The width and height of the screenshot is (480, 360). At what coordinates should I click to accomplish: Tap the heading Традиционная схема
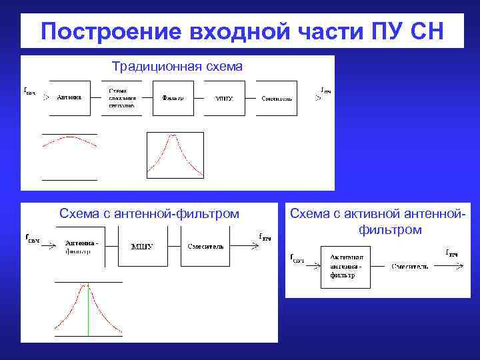(177, 67)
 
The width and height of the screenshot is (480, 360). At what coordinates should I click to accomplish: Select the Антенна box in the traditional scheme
(69, 97)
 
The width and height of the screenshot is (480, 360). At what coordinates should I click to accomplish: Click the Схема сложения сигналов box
(121, 97)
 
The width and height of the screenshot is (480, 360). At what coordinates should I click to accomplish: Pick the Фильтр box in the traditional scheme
(173, 97)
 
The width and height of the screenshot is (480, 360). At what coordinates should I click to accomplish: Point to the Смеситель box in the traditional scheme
(276, 97)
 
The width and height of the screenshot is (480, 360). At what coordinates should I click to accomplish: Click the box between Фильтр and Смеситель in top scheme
(225, 97)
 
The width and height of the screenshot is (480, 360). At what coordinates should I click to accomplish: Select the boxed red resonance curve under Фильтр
(175, 155)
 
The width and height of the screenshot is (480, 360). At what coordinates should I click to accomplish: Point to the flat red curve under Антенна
(69, 141)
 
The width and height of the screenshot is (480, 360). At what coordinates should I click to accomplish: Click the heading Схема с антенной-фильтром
(149, 213)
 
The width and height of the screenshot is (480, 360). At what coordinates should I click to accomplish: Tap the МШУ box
(142, 246)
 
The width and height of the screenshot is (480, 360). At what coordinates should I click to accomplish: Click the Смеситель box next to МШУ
(205, 246)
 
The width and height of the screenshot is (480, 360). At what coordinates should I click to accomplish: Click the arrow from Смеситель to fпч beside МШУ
(245, 246)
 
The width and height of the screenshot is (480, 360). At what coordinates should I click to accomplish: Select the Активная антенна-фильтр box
(345, 265)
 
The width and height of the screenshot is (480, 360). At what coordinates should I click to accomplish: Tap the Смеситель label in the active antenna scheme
(409, 266)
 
